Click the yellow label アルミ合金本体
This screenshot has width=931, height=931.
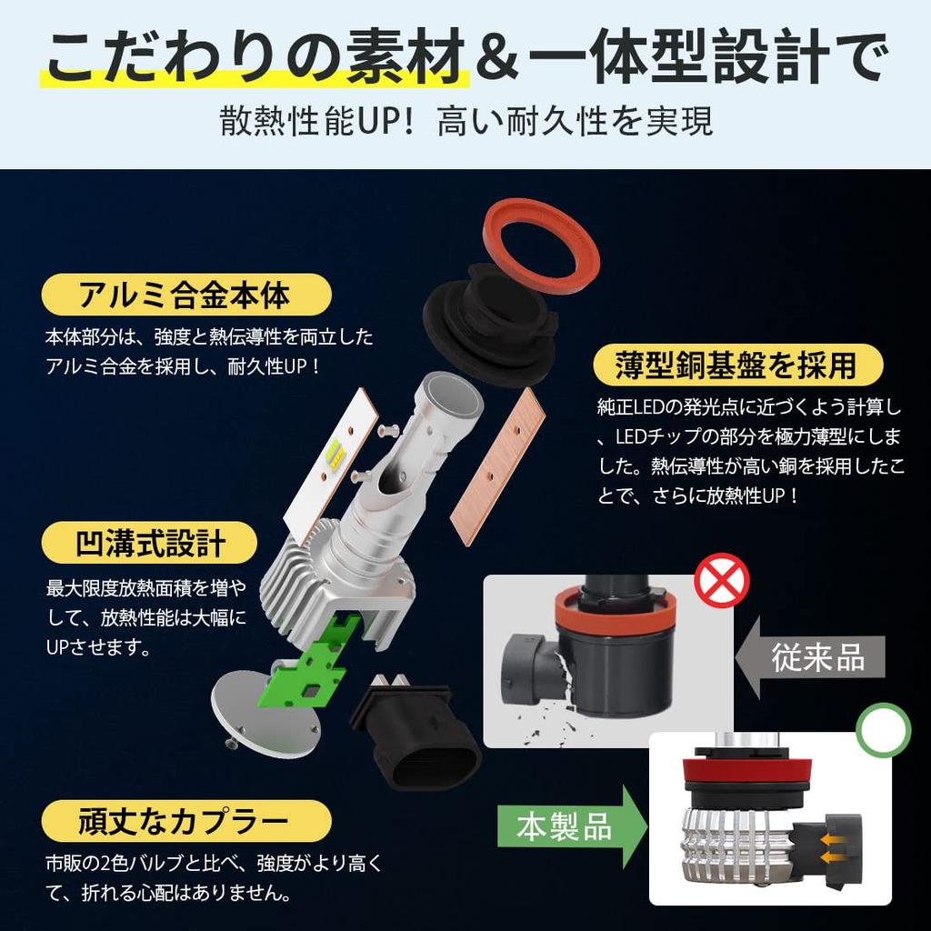tap(185, 295)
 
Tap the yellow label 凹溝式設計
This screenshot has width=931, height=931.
tap(149, 543)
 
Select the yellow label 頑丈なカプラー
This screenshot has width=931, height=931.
tap(185, 821)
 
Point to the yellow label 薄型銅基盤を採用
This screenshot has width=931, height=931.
tap(738, 364)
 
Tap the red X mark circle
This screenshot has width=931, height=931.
tap(721, 580)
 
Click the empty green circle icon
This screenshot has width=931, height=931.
tap(883, 730)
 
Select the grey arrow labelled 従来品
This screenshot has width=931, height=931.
tap(810, 657)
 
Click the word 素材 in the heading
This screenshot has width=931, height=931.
tap(406, 58)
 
